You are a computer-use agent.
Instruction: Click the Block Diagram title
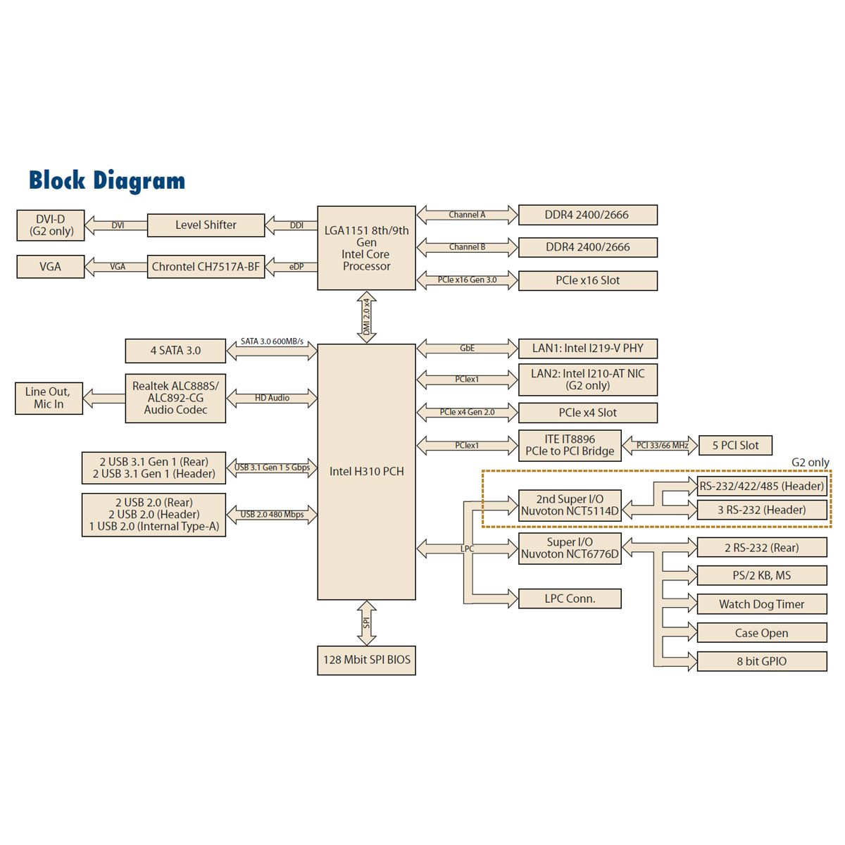point(107,181)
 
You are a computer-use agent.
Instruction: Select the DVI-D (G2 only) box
point(51,225)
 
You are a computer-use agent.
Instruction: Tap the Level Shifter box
point(206,225)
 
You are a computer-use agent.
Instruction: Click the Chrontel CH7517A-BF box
point(206,267)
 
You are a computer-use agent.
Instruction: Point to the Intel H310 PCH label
point(366,472)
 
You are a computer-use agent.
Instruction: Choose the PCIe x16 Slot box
point(587,280)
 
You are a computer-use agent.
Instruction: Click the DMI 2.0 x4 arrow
point(366,318)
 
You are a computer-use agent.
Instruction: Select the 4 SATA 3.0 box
point(175,351)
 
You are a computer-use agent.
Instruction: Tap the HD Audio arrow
point(272,398)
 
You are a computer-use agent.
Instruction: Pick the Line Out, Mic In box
point(49,398)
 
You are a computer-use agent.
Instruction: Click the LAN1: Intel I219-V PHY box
point(587,349)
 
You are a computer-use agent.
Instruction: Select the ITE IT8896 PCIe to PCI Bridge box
point(570,445)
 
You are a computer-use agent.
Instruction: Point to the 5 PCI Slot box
point(735,446)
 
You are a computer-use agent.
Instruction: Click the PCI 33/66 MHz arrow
point(661,446)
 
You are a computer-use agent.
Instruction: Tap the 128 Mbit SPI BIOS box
point(366,660)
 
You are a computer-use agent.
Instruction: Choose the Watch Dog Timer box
point(761,604)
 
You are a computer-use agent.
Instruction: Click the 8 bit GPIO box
point(761,661)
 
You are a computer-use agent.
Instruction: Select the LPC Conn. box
point(570,599)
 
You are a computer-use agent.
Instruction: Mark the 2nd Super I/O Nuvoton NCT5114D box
point(570,505)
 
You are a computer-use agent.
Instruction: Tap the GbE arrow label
point(467,349)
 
